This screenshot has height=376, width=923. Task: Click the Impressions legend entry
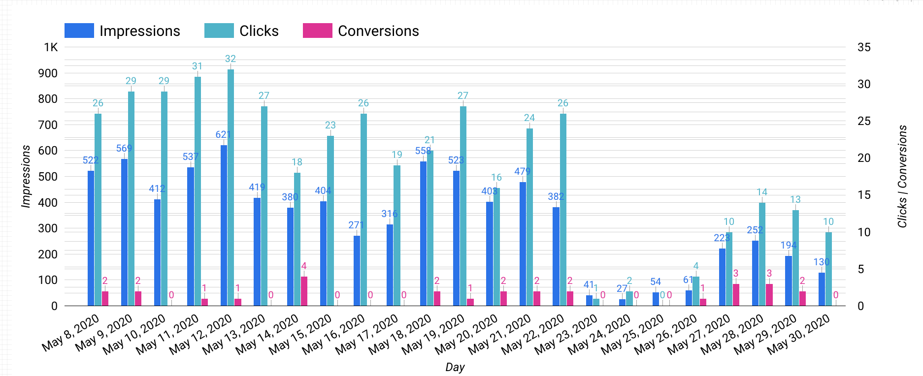tap(122, 31)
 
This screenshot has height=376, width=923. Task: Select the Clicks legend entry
tap(241, 31)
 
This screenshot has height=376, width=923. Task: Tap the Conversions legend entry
tap(361, 31)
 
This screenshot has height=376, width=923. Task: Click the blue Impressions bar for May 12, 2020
tap(224, 225)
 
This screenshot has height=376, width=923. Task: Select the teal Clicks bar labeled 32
tap(231, 188)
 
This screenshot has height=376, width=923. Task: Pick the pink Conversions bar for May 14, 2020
tap(304, 291)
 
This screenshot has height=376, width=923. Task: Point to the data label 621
tap(223, 134)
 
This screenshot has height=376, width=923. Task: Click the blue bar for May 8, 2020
tap(91, 238)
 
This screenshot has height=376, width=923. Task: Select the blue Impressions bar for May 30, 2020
tap(822, 289)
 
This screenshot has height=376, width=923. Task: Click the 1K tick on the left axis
tap(51, 47)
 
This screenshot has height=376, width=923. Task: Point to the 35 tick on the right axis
tap(864, 47)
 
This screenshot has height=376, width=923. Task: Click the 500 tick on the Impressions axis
tap(48, 177)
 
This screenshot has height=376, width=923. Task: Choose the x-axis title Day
tap(455, 367)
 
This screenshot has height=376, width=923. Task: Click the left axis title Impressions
tap(26, 176)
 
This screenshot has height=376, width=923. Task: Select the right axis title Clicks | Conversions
tap(902, 176)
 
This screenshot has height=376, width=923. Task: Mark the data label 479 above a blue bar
tap(522, 171)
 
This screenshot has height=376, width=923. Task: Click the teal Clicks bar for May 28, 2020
tap(762, 254)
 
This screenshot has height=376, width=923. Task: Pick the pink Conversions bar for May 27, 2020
tap(736, 295)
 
